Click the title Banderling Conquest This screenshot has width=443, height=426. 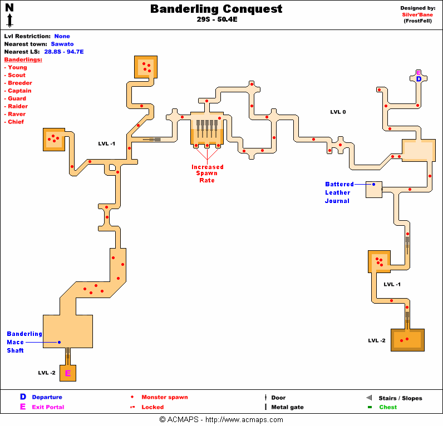(x=216, y=9)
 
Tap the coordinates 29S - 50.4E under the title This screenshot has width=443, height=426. (x=216, y=19)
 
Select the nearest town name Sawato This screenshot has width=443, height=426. (x=62, y=44)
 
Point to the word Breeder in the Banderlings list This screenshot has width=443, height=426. (x=19, y=83)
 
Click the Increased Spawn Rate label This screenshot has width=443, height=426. (x=208, y=174)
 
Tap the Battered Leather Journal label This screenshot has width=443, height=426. (x=339, y=192)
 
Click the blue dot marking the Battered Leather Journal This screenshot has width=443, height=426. (x=373, y=184)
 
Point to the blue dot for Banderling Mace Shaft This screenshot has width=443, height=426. (x=59, y=342)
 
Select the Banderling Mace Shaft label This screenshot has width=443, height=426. (x=24, y=342)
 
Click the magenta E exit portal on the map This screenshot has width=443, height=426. (x=68, y=373)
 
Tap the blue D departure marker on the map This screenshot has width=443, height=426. (x=419, y=80)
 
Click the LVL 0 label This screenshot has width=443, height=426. (x=338, y=112)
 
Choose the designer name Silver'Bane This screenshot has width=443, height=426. (x=418, y=15)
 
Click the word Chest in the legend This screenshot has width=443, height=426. (x=388, y=407)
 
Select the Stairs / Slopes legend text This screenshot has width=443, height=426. (x=401, y=398)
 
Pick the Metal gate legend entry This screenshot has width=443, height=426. (x=287, y=407)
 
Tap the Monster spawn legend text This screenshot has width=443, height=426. (x=164, y=397)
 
